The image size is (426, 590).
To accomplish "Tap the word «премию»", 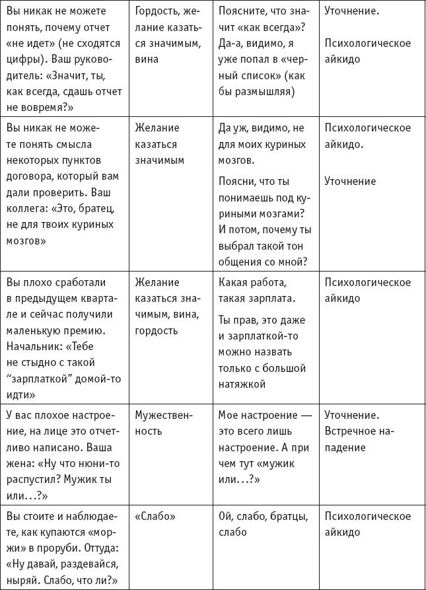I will (84, 330).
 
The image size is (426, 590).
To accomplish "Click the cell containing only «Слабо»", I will (153, 517).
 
